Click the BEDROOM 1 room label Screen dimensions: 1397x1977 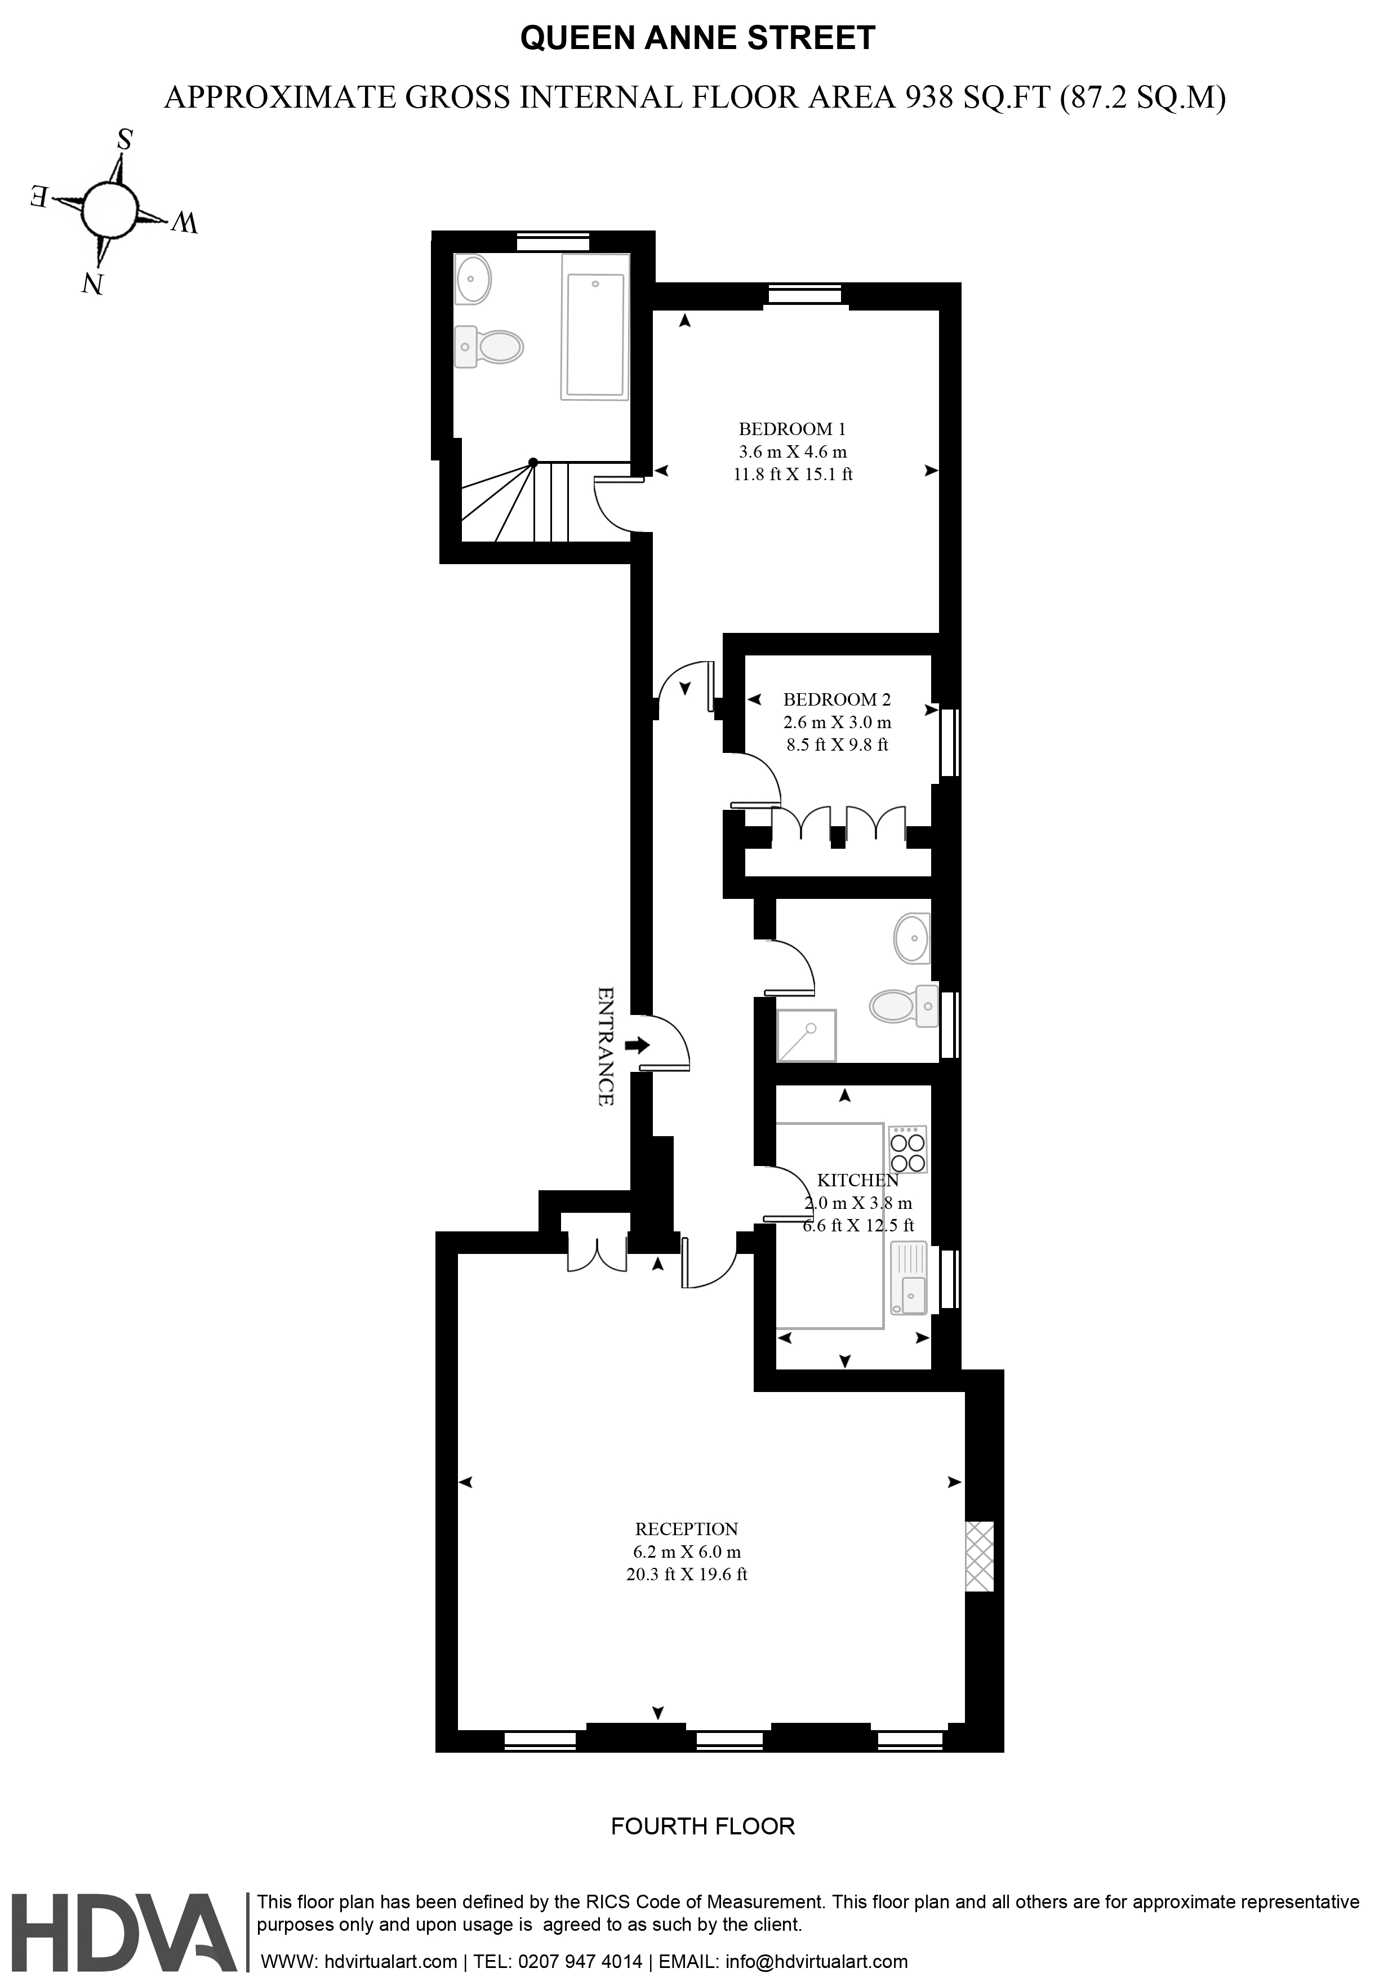[792, 429]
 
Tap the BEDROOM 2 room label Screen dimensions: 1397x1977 [837, 700]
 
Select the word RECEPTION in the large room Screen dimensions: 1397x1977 [687, 1530]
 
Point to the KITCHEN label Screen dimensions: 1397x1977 [857, 1181]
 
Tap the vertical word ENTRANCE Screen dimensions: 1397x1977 [606, 1046]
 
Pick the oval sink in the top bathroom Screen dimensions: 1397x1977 [473, 279]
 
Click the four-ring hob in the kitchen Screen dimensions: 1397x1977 [908, 1150]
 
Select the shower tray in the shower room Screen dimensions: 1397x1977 [807, 1035]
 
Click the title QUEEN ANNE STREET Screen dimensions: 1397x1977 [698, 38]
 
